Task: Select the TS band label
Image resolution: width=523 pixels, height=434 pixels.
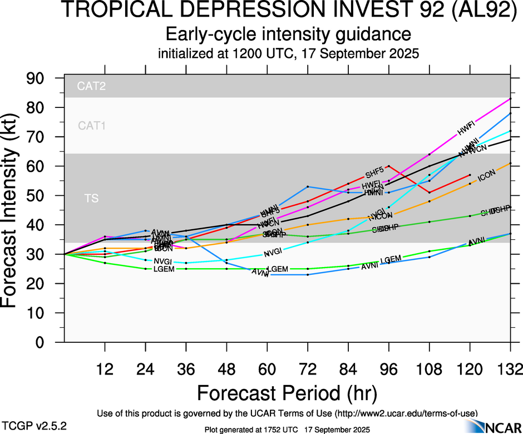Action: tap(91, 198)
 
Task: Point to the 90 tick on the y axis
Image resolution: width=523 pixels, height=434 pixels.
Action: tap(39, 78)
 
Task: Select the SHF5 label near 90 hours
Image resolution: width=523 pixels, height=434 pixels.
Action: tap(374, 171)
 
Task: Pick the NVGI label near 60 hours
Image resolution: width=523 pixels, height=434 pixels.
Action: tap(273, 253)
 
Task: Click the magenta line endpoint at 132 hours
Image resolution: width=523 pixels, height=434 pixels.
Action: tap(511, 98)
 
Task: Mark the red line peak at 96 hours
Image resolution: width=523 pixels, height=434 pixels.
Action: tap(388, 166)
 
